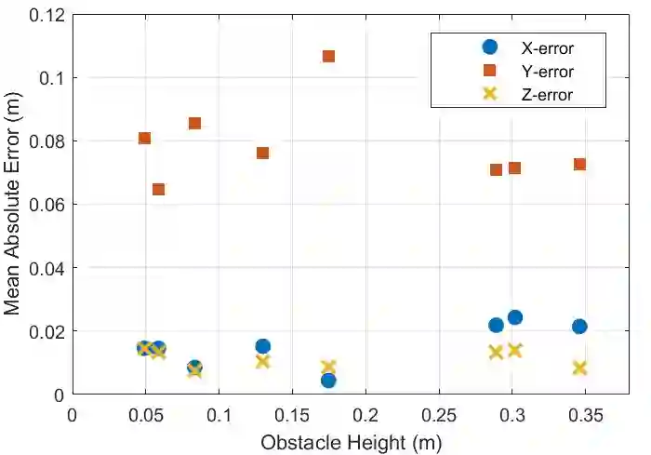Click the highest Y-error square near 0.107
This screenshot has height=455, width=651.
click(328, 57)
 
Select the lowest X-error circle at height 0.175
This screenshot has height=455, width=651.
click(328, 380)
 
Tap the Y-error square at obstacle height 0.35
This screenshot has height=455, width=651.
click(579, 165)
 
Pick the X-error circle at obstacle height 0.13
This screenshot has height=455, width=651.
click(263, 346)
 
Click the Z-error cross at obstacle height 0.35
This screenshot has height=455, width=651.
click(579, 368)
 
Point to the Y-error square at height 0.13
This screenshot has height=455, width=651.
click(263, 153)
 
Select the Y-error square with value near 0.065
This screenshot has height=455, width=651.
click(158, 189)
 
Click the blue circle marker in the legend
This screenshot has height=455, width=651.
click(490, 47)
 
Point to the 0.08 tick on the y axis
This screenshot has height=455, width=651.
click(46, 141)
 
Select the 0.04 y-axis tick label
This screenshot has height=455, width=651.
click(46, 268)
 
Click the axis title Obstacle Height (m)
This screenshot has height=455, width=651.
click(351, 440)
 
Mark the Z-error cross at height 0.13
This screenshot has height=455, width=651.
click(263, 361)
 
